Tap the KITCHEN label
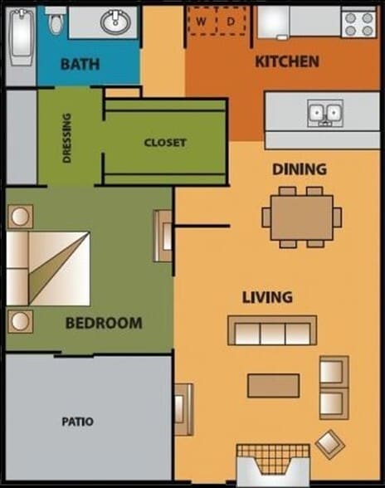pyautogui.click(x=286, y=61)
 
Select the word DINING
pyautogui.click(x=300, y=169)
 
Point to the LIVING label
pyautogui.click(x=267, y=297)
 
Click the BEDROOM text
pyautogui.click(x=104, y=323)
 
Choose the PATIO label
pyautogui.click(x=77, y=422)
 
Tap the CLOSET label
pyautogui.click(x=165, y=142)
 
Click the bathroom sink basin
pyautogui.click(x=115, y=22)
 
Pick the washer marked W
pyautogui.click(x=202, y=21)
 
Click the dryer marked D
pyautogui.click(x=231, y=21)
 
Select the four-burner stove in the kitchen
pyautogui.click(x=359, y=22)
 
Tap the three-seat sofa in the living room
pyautogui.click(x=272, y=331)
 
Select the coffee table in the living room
pyautogui.click(x=273, y=385)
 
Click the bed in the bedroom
pyautogui.click(x=48, y=267)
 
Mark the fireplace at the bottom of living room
pyautogui.click(x=273, y=464)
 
